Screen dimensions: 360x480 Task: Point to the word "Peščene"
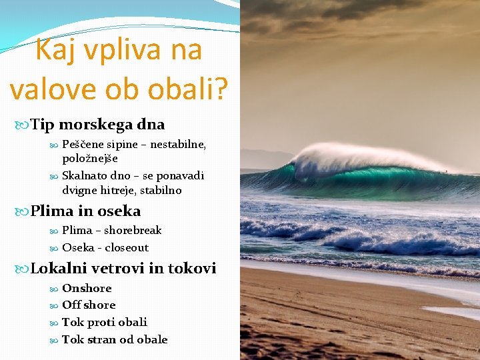(x=81, y=145)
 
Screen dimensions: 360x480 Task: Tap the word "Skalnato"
(x=83, y=176)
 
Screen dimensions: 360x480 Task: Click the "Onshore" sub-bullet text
(x=87, y=288)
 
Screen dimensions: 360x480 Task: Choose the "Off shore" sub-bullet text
(x=89, y=305)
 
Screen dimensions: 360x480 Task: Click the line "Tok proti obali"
(x=105, y=322)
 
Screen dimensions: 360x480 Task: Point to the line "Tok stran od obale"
(x=115, y=339)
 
